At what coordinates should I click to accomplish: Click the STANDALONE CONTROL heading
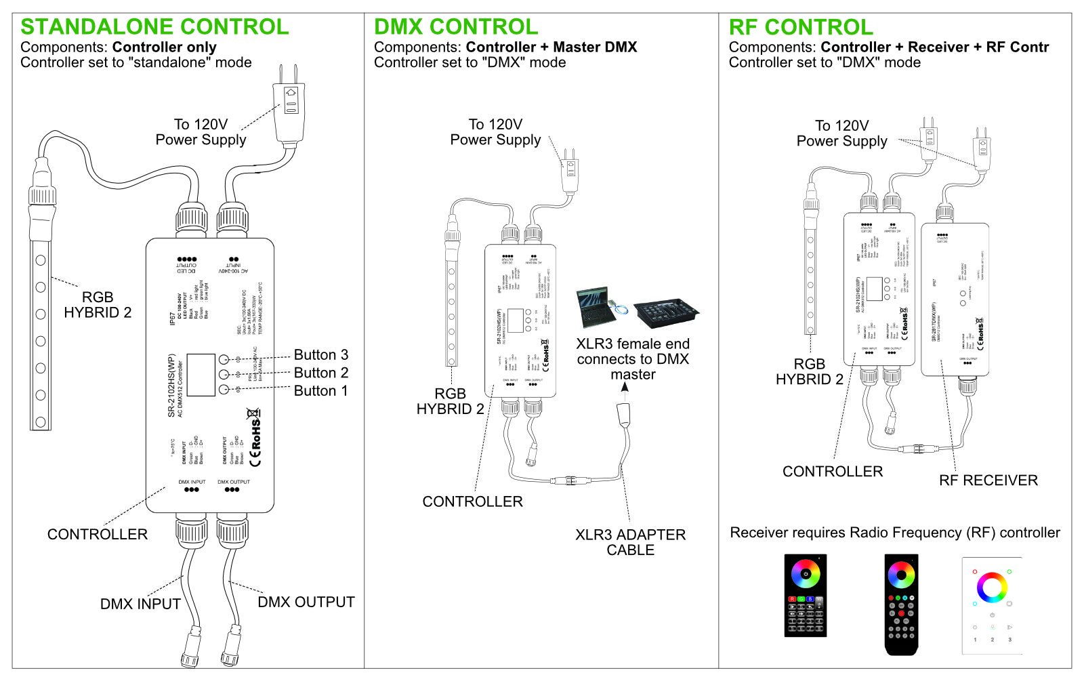pyautogui.click(x=154, y=27)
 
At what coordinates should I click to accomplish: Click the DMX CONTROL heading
pyautogui.click(x=456, y=27)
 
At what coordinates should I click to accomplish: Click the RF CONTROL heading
pyautogui.click(x=801, y=27)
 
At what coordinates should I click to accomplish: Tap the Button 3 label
pyautogui.click(x=320, y=355)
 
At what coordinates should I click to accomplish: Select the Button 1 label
pyautogui.click(x=320, y=391)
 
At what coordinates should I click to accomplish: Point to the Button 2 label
pyautogui.click(x=320, y=373)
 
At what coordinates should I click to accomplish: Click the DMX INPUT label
pyautogui.click(x=140, y=604)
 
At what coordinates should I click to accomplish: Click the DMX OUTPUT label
pyautogui.click(x=306, y=602)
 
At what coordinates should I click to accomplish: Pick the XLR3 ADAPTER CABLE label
pyautogui.click(x=630, y=542)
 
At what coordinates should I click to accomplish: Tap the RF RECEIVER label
pyautogui.click(x=988, y=480)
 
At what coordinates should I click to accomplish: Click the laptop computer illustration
pyautogui.click(x=596, y=308)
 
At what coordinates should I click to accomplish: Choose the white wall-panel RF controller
pyautogui.click(x=992, y=605)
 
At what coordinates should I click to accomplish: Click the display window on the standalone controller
pyautogui.click(x=201, y=375)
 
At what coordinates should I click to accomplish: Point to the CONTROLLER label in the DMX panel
pyautogui.click(x=472, y=501)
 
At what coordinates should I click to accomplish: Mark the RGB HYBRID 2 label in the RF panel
pyautogui.click(x=809, y=372)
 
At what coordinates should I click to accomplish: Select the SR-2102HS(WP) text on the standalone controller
pyautogui.click(x=171, y=385)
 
